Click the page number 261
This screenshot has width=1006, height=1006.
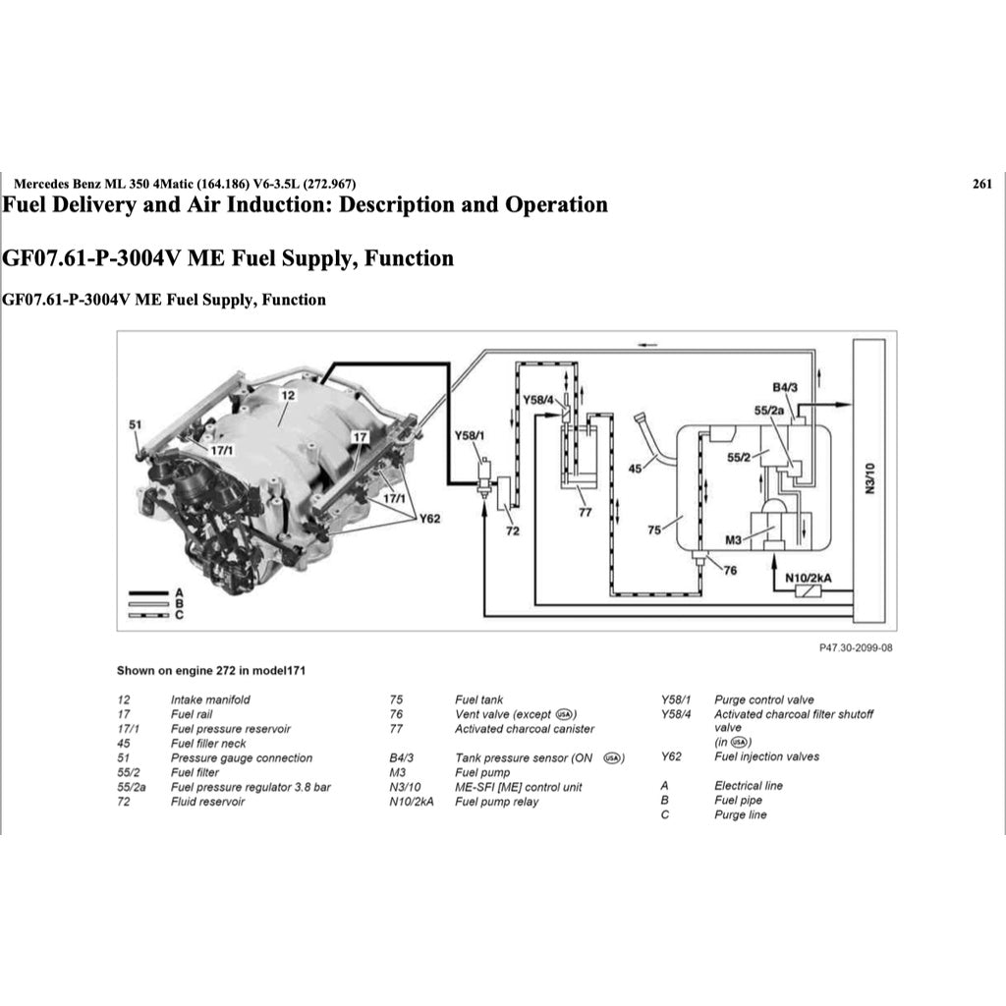click(x=981, y=184)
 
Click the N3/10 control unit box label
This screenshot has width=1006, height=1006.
click(x=868, y=482)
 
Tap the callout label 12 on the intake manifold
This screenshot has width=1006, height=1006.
click(x=287, y=395)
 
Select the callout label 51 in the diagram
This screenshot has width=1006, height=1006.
click(x=136, y=424)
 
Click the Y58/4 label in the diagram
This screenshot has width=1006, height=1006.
click(x=538, y=400)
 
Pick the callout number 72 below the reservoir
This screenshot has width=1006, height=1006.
click(x=512, y=531)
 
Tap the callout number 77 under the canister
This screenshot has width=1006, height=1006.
click(x=587, y=512)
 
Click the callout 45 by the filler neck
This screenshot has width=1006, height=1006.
click(x=636, y=469)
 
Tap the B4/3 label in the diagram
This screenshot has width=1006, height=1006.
click(x=785, y=387)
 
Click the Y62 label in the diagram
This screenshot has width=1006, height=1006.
click(x=430, y=518)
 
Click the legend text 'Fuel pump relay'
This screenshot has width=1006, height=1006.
click(x=496, y=802)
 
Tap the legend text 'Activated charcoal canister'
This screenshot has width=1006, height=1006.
click(x=524, y=729)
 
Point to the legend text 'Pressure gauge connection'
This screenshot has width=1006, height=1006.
click(x=241, y=757)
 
